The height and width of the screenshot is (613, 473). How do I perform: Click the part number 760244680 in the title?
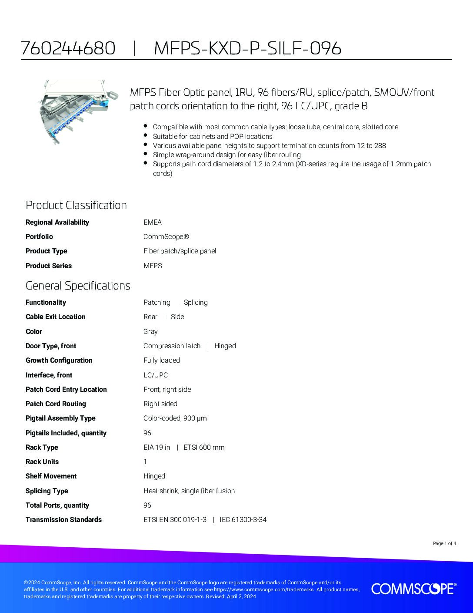tap(68, 48)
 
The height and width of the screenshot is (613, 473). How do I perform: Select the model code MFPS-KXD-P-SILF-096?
tap(247, 48)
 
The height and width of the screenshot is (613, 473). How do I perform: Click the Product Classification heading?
tap(76, 205)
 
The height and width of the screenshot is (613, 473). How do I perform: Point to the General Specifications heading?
tap(78, 286)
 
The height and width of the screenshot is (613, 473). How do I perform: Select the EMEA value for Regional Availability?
tap(152, 222)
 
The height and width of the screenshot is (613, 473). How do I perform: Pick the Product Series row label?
tap(49, 266)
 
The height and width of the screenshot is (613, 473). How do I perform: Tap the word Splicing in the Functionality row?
tap(196, 303)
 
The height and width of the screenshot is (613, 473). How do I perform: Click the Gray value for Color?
tap(150, 332)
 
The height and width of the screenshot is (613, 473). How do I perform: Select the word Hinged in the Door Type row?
tap(225, 346)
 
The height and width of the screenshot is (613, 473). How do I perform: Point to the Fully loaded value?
tap(161, 360)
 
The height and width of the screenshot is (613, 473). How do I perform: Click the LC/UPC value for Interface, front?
tap(155, 375)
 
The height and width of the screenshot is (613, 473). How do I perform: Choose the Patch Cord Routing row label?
tap(56, 404)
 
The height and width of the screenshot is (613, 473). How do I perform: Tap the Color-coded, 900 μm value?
tap(175, 418)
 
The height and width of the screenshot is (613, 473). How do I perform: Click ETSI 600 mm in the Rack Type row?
tap(204, 448)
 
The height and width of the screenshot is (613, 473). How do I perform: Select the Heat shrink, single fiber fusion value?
tap(189, 491)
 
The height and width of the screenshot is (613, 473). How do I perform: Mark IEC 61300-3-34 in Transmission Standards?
tap(243, 520)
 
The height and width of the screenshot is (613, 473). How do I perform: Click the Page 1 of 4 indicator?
tap(444, 543)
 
